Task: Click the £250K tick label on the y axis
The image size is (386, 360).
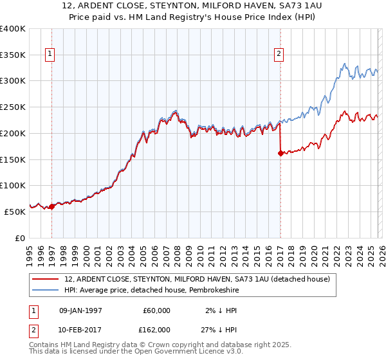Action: click(x=13, y=107)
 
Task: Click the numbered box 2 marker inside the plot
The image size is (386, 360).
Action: click(x=279, y=55)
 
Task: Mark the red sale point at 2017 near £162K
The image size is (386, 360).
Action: click(x=280, y=153)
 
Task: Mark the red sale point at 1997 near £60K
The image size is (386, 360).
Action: click(x=52, y=206)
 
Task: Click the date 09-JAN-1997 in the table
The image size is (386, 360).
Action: click(x=80, y=310)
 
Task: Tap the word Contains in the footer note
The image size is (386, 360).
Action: click(x=46, y=345)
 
